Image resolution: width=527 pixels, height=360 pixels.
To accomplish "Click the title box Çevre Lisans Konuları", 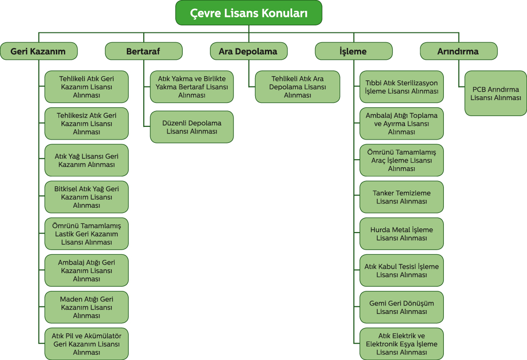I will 248,13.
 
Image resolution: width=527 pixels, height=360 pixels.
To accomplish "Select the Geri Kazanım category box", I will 39,51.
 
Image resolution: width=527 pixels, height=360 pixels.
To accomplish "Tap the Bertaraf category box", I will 143,51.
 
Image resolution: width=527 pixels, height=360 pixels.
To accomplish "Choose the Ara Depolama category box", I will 248,51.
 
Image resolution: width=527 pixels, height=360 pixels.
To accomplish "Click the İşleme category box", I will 353,51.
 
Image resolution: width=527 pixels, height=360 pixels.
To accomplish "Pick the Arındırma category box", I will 458,51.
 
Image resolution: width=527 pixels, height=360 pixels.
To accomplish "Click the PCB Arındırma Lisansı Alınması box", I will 496,94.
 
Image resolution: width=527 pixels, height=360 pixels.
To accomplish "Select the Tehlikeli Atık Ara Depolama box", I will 297,87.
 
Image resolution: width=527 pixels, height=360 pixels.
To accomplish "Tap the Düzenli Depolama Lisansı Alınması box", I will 192,127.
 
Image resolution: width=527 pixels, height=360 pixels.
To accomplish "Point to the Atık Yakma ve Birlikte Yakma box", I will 192,87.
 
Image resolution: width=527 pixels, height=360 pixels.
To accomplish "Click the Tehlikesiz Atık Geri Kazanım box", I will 86,124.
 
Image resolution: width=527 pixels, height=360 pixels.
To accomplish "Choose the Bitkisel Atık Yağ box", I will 86,197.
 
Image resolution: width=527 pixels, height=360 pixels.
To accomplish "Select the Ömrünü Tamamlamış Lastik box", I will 86,234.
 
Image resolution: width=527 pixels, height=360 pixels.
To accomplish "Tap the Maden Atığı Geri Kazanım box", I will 86,307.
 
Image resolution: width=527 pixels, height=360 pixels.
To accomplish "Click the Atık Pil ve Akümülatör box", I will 86,344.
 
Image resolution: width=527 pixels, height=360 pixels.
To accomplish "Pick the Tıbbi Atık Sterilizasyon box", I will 402,87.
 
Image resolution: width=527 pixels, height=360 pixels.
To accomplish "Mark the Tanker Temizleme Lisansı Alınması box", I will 402,197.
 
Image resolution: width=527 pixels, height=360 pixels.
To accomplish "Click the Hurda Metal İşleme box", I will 402,234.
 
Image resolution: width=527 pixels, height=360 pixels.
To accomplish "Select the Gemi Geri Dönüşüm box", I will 402,307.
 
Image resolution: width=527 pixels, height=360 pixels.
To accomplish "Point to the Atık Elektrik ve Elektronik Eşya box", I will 402,344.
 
